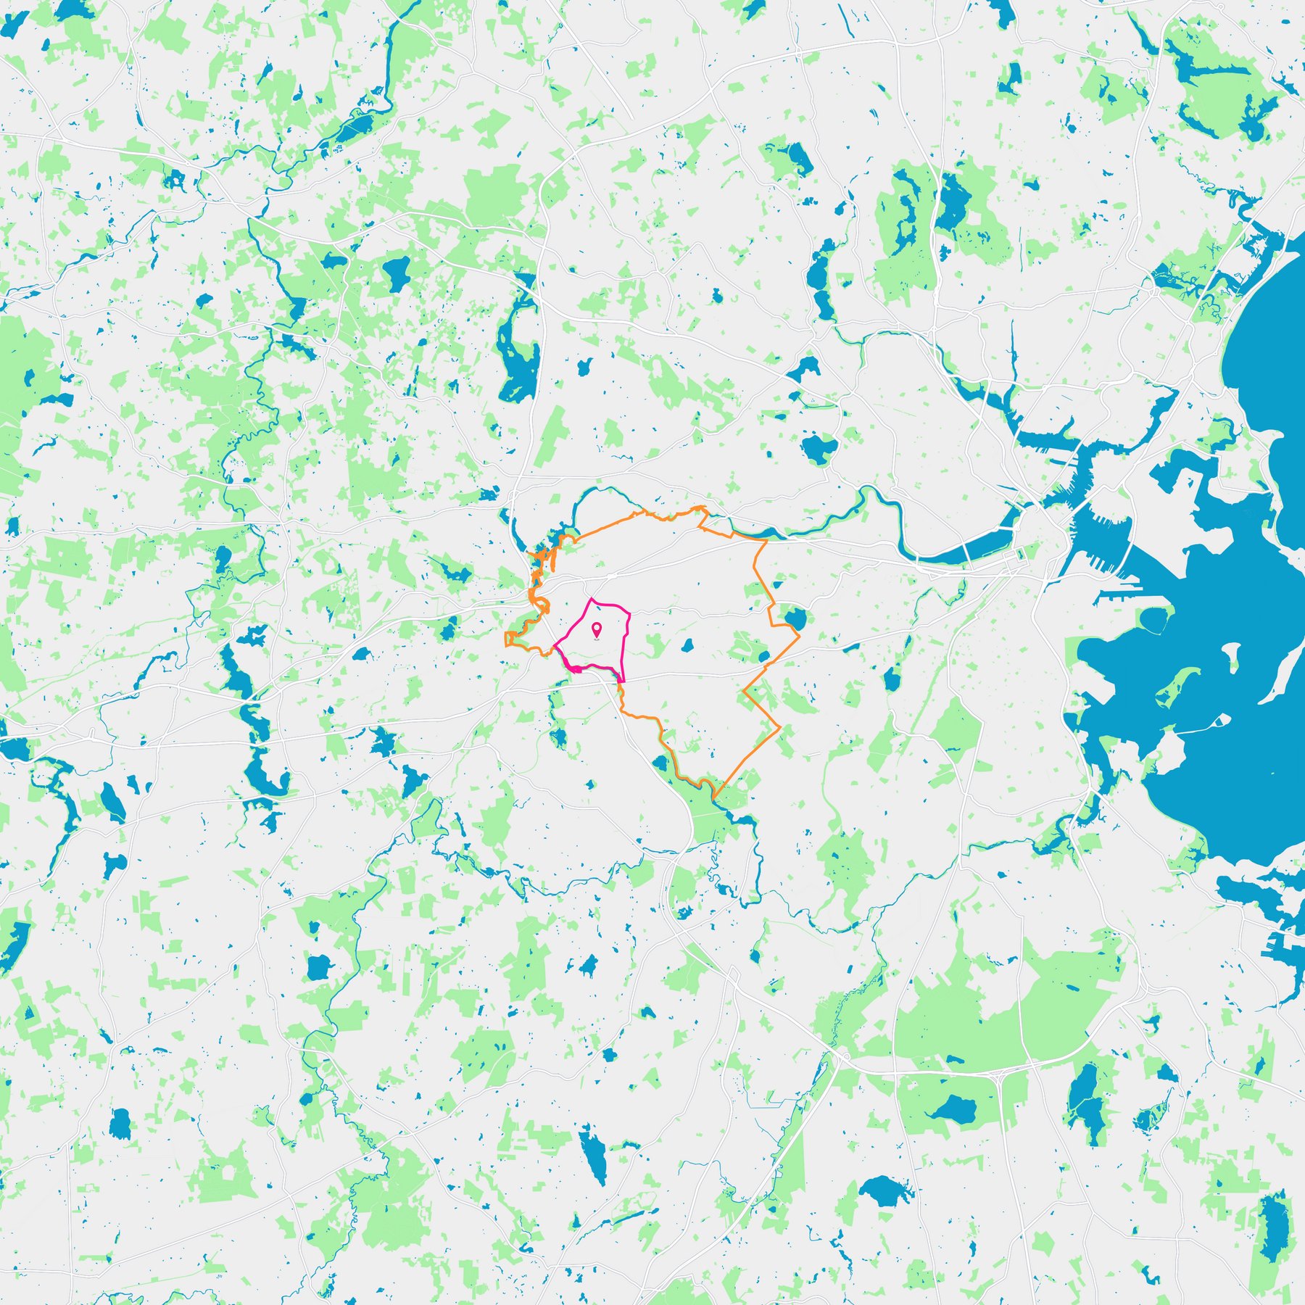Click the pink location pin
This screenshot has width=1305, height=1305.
coord(596,629)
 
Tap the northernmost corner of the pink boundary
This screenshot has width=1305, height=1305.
coord(593,599)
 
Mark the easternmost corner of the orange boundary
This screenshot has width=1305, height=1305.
coord(799,637)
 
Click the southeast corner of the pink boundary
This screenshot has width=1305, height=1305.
coord(623,681)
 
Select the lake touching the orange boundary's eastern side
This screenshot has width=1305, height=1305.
coord(795,619)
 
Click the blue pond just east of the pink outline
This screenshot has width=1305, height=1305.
coord(687,645)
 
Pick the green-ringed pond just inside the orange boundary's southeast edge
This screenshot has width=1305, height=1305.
coord(763,657)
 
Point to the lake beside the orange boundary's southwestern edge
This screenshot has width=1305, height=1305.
coord(660,763)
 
